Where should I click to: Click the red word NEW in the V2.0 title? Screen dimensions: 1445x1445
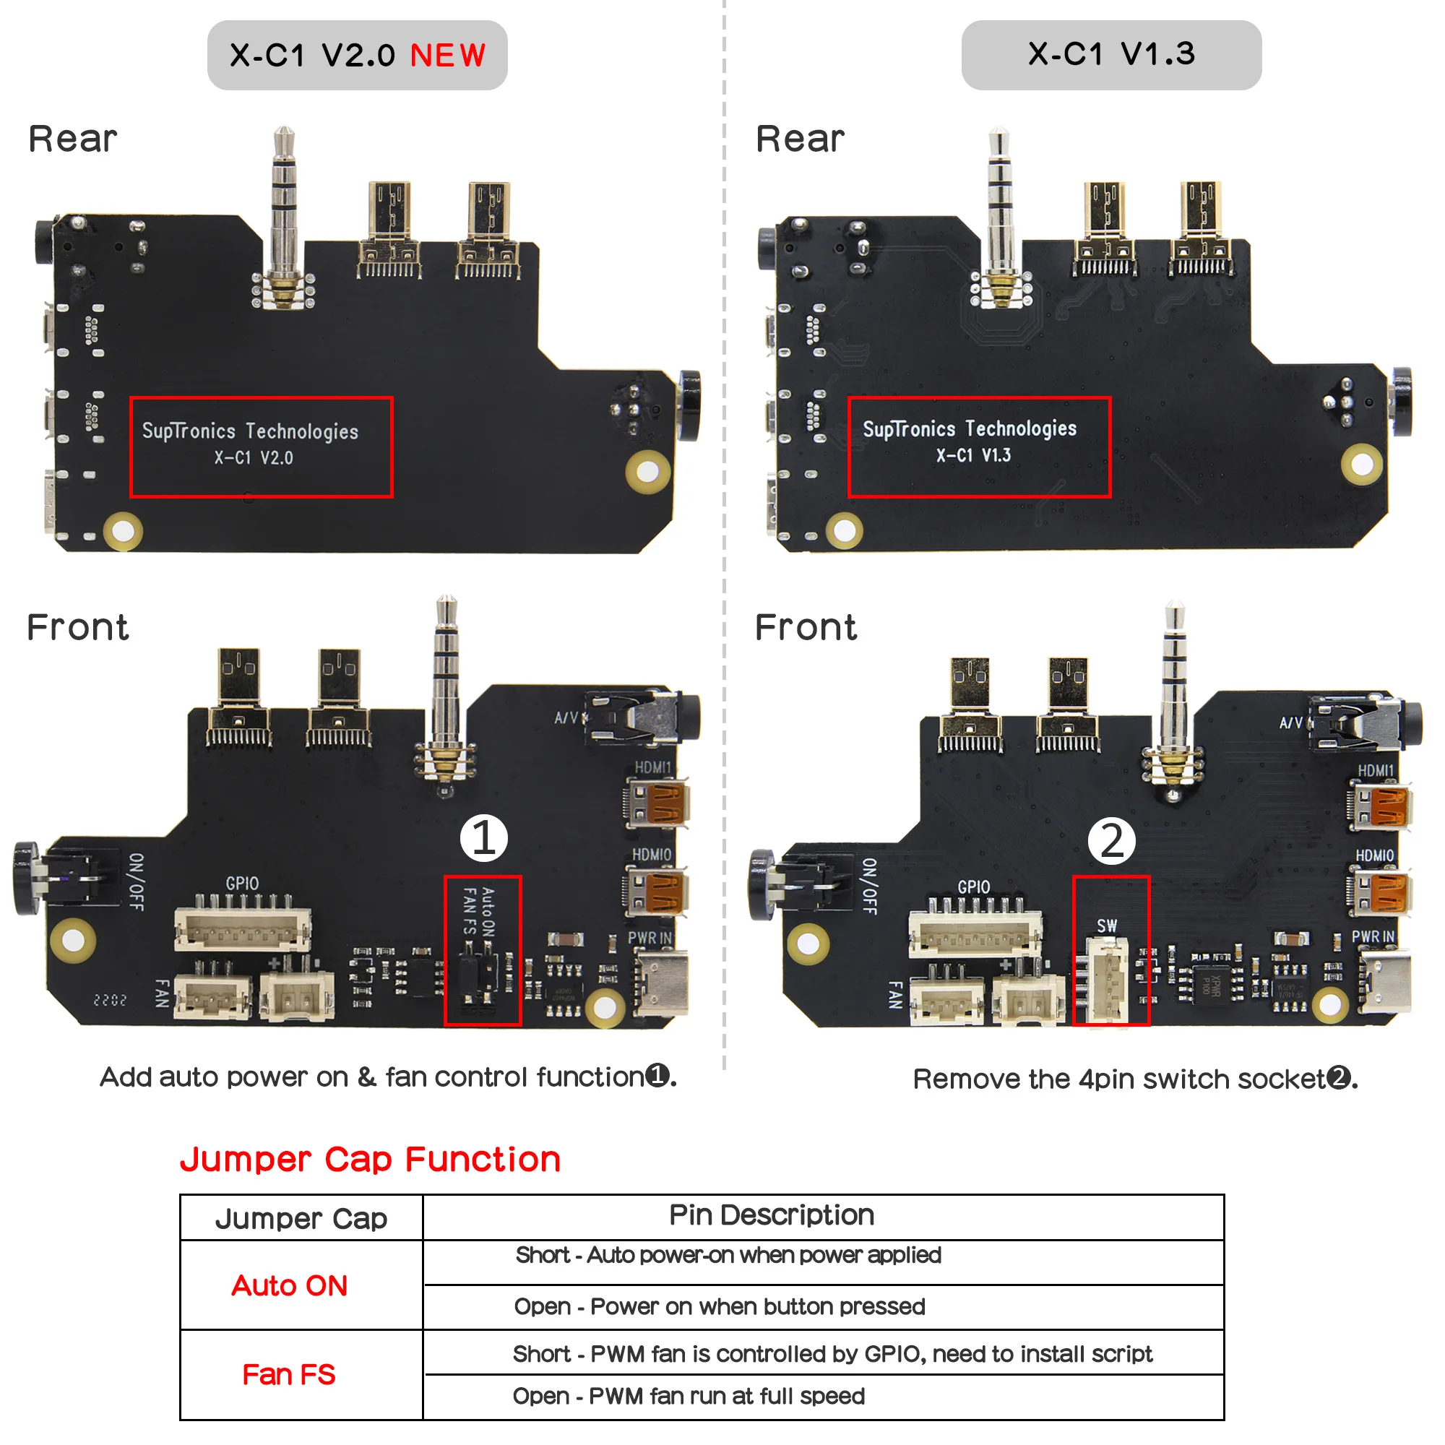coord(447,56)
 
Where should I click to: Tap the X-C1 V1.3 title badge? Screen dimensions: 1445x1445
coord(1110,55)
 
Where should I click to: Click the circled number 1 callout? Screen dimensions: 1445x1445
coord(483,837)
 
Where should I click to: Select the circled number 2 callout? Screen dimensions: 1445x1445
coord(1110,841)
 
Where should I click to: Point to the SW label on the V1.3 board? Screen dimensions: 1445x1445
coord(1106,926)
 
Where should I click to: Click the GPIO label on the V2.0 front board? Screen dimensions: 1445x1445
coord(242,884)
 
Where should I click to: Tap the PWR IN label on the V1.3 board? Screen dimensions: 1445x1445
coord(1373,936)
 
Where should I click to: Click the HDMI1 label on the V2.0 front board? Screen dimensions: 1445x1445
coord(652,767)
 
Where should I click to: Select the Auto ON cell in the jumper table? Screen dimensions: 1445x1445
coord(290,1285)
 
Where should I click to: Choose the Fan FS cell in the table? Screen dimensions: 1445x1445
coord(289,1375)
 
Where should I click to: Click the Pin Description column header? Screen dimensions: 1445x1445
coord(771,1215)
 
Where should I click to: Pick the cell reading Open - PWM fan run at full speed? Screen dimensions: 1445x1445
coord(688,1397)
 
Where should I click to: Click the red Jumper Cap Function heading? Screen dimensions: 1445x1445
coord(370,1160)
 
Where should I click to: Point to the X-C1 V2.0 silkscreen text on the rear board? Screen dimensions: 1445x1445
coord(254,458)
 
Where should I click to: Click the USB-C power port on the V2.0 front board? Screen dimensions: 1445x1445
coord(661,981)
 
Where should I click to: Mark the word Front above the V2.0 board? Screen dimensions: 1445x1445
coord(78,626)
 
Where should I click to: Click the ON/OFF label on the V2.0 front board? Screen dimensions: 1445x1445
coord(137,881)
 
